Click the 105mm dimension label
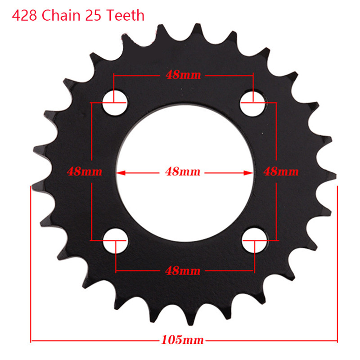(x=182, y=340)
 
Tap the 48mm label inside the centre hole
(x=183, y=171)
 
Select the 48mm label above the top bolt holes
(x=183, y=75)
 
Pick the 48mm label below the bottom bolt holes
(x=183, y=271)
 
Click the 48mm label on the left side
(x=84, y=171)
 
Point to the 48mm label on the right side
(x=281, y=171)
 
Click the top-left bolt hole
(x=115, y=103)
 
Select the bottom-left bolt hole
(x=115, y=241)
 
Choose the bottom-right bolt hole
(x=254, y=240)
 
